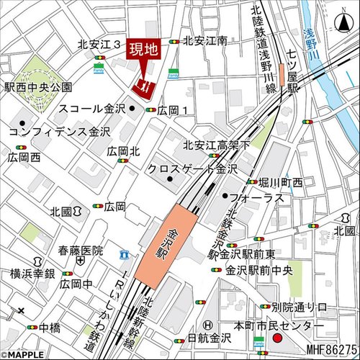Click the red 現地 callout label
(x=143, y=50)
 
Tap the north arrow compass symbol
(x=343, y=23)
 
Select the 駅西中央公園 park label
(x=39, y=87)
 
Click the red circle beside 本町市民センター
(x=278, y=338)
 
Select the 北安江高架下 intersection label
(x=217, y=145)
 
